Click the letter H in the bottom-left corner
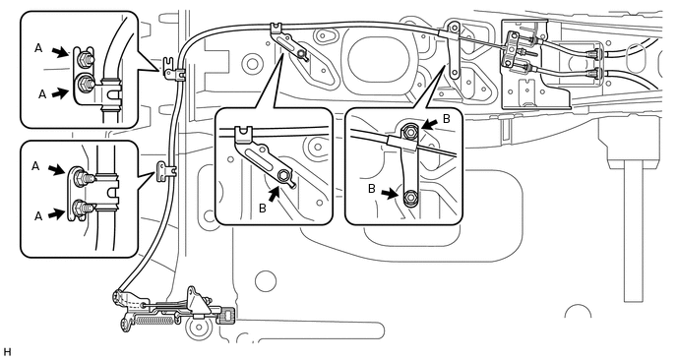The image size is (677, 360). click(6, 351)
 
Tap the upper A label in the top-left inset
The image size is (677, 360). click(38, 49)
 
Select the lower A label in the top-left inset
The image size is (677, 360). click(42, 94)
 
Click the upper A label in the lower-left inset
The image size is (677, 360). click(36, 166)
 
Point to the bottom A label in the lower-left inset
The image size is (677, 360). click(38, 215)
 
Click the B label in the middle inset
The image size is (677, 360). click(262, 209)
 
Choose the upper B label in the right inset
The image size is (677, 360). click(447, 119)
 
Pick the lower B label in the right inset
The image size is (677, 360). click(372, 190)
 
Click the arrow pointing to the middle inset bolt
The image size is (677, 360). click(274, 195)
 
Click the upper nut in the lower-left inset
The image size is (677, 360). click(81, 178)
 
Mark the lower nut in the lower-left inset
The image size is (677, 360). click(80, 208)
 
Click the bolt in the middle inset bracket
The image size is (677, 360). click(283, 175)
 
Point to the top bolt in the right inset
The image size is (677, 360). click(409, 129)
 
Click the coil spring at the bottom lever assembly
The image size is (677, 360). click(155, 320)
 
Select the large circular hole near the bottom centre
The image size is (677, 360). click(266, 281)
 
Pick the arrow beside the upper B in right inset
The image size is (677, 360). click(430, 124)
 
